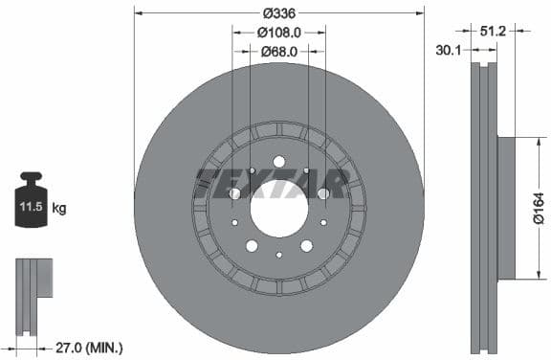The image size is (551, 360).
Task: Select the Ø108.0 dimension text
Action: coord(279,32)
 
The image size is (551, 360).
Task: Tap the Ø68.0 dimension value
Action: coord(279,52)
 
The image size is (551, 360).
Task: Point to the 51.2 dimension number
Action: coord(494,32)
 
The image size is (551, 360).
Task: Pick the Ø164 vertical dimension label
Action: coord(538,208)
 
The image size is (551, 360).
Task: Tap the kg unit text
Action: coord(59,207)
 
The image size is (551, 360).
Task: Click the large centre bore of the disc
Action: coord(279,208)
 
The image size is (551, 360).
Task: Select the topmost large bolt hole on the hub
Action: coord(279,162)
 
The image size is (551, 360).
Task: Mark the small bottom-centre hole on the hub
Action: coord(279,255)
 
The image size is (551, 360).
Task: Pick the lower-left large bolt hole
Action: coord(252,245)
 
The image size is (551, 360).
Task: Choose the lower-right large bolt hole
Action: coord(306,245)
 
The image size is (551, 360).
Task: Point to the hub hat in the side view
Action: coord(505,208)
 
